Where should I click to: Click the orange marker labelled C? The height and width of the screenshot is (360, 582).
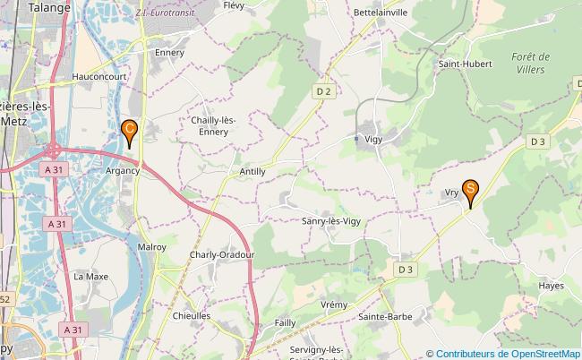tap(129, 133)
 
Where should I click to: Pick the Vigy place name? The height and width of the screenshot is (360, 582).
tap(374, 139)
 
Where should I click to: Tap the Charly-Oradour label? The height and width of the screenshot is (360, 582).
tap(222, 254)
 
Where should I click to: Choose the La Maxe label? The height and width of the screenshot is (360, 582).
tap(90, 277)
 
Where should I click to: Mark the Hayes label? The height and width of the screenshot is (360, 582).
tap(552, 286)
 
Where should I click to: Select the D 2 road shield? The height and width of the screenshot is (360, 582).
tap(323, 91)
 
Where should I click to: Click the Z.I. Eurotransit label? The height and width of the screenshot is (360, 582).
tap(166, 13)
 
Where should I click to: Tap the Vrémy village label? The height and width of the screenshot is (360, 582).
tap(333, 304)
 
